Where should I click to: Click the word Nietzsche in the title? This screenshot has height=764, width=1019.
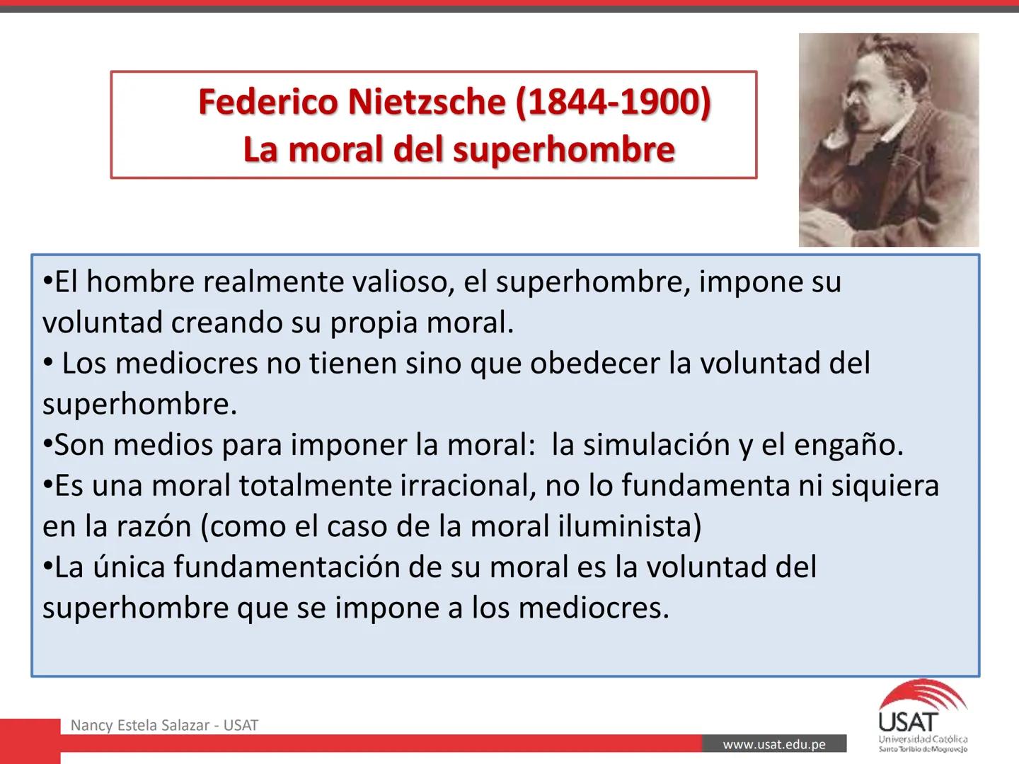click(x=426, y=102)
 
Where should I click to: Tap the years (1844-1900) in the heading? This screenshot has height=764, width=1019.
click(x=613, y=102)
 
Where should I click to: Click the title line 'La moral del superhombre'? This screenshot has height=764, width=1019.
click(x=459, y=149)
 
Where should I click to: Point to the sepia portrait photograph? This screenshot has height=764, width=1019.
click(x=889, y=140)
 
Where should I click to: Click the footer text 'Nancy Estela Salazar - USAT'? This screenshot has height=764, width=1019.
click(x=164, y=725)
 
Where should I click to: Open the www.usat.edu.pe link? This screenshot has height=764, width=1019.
click(x=774, y=744)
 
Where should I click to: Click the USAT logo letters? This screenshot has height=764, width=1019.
click(x=908, y=722)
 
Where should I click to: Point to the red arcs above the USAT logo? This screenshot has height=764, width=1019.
click(x=924, y=692)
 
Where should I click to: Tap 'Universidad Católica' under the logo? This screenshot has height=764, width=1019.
click(x=923, y=739)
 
